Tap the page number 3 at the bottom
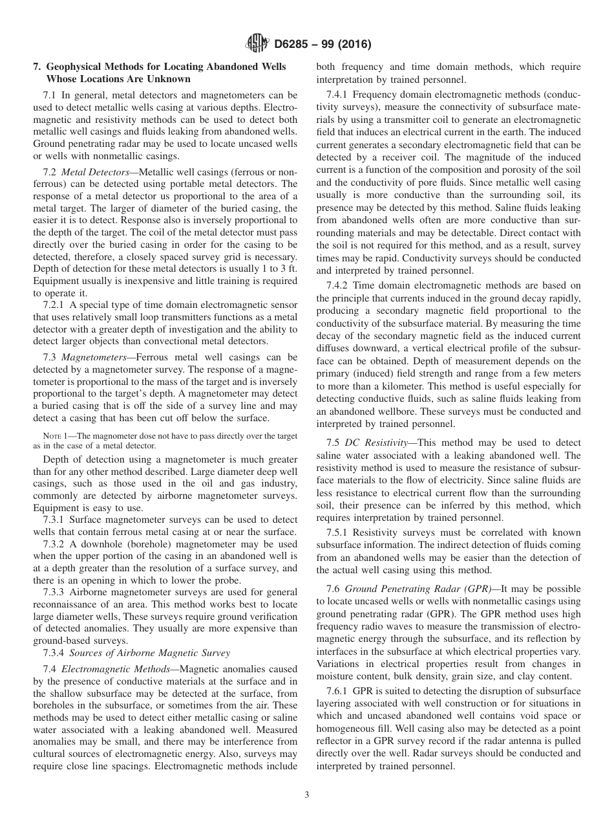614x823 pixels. tap(307, 795)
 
